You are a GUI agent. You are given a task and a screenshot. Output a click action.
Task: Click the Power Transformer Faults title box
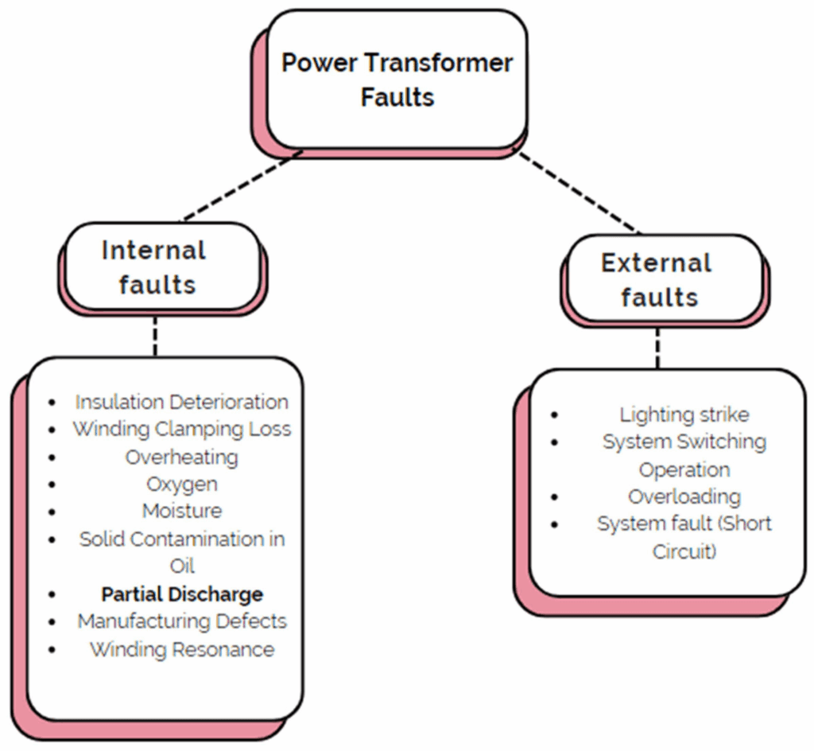397,80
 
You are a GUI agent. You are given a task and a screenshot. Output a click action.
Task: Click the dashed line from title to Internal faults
242,185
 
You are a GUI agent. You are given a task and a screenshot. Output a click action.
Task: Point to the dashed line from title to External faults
579,192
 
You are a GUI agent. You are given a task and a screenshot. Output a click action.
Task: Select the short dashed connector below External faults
657,346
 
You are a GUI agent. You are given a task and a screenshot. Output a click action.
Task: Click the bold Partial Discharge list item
181,593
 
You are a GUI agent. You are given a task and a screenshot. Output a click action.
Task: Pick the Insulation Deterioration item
181,402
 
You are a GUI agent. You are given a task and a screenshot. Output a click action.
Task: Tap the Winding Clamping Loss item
181,429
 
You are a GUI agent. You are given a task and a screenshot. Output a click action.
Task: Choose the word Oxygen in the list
181,484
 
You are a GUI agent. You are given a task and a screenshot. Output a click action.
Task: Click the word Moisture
181,511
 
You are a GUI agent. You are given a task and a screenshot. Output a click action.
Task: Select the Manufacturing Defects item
181,621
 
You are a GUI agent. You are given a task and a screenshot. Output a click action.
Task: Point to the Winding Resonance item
181,649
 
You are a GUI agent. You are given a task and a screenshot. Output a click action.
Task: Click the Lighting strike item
684,414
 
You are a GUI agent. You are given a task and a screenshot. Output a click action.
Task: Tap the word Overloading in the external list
684,497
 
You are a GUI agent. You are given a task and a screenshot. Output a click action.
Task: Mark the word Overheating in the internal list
181,457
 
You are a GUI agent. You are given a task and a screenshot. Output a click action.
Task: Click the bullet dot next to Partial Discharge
53,594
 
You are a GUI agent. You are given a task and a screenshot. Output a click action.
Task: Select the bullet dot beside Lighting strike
554,414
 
